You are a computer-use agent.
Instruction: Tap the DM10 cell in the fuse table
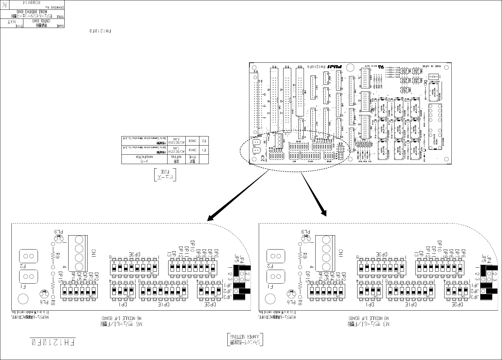click(x=193, y=150)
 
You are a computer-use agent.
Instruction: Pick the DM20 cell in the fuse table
click(x=193, y=141)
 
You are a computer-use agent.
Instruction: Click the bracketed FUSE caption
click(x=165, y=174)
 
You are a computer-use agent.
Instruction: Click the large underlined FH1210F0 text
click(x=53, y=342)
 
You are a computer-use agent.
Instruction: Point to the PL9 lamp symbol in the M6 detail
click(x=59, y=238)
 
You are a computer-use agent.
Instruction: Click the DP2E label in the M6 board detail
click(x=210, y=305)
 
